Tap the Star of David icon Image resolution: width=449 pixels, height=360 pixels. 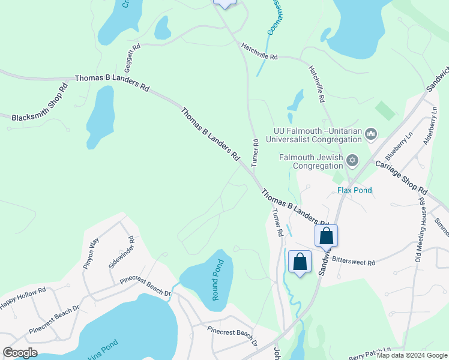[352, 160]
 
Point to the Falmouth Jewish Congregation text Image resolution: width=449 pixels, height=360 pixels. [311, 161]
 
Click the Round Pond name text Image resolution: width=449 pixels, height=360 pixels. [217, 280]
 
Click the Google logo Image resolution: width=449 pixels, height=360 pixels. [20, 352]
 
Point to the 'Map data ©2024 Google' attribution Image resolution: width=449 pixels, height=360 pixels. [412, 355]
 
